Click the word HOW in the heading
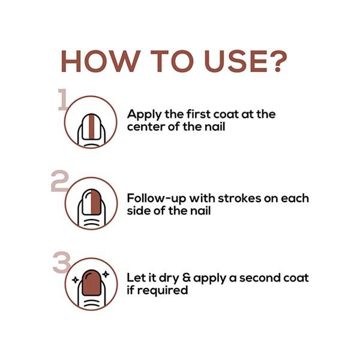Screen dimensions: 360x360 point(101,61)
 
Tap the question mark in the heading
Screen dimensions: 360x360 point(278,61)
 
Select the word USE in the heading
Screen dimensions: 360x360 point(236,61)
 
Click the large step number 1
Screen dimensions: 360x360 point(62,100)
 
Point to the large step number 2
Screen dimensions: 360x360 point(59,181)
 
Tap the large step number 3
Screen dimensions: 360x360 point(62,262)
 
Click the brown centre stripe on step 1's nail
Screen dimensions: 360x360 point(92,127)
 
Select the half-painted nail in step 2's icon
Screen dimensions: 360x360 point(92,202)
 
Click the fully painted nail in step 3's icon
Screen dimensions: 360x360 point(92,283)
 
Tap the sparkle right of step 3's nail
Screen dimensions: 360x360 point(106,274)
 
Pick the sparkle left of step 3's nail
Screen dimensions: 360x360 point(76,280)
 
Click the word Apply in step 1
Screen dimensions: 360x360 point(145,115)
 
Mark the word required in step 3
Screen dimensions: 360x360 point(163,290)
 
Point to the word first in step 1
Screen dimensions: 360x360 point(199,114)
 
